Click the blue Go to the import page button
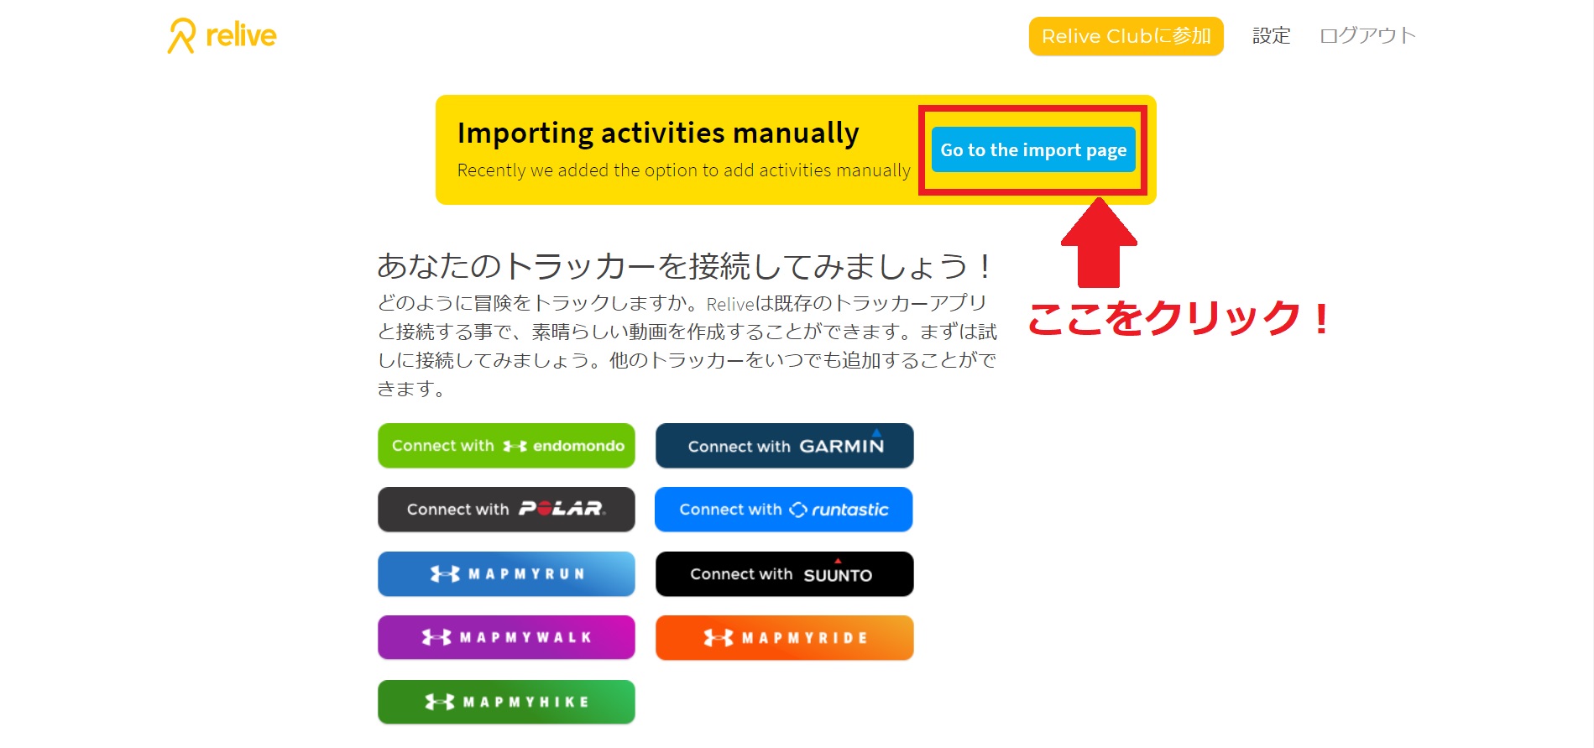pos(1033,149)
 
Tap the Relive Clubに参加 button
pos(1126,36)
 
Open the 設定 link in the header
pos(1271,36)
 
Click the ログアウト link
pos(1367,36)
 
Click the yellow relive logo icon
pos(181,36)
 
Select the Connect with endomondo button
pos(506,446)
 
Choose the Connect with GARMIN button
pos(784,446)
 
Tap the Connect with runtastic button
pos(783,510)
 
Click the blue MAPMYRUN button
pos(506,574)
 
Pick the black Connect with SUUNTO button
pos(784,574)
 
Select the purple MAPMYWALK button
pos(506,637)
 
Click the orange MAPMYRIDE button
pos(784,637)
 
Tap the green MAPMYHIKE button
pos(506,702)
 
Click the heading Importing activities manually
pos(658,133)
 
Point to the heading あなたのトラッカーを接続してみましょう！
pos(684,266)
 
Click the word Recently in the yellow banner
pos(491,170)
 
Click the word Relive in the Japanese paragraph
pos(730,305)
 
